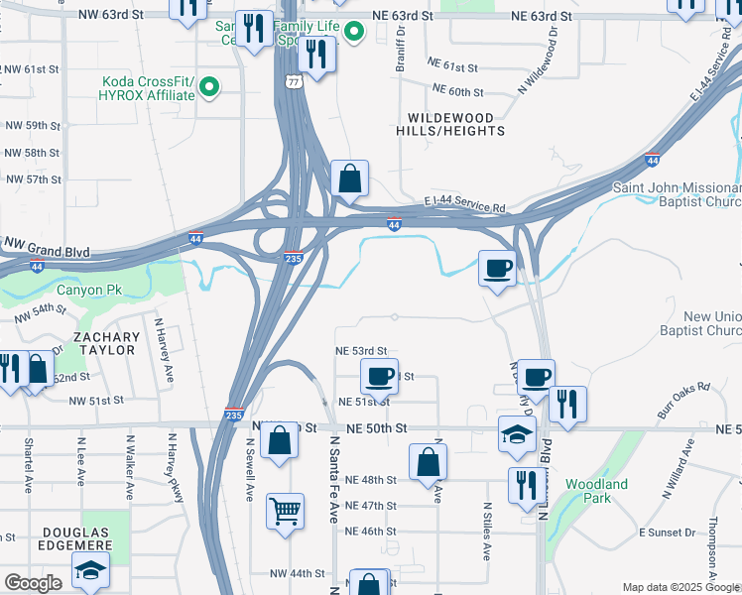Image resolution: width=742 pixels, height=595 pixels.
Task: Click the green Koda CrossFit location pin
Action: point(209,88)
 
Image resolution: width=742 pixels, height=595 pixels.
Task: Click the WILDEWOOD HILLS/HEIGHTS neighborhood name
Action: point(450,124)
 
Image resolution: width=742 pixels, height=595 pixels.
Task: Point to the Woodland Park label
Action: point(596,491)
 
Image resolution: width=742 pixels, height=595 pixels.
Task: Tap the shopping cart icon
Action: point(285,513)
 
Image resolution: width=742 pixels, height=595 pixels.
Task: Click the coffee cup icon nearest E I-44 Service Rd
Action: point(497,267)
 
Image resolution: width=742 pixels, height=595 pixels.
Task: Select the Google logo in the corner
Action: point(33,583)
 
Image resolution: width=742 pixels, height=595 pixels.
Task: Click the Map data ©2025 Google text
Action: point(680,587)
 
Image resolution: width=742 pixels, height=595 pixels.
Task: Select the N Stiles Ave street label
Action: point(486,535)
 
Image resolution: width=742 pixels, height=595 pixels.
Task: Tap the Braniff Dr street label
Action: point(401,46)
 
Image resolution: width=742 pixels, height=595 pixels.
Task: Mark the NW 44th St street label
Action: point(298,573)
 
